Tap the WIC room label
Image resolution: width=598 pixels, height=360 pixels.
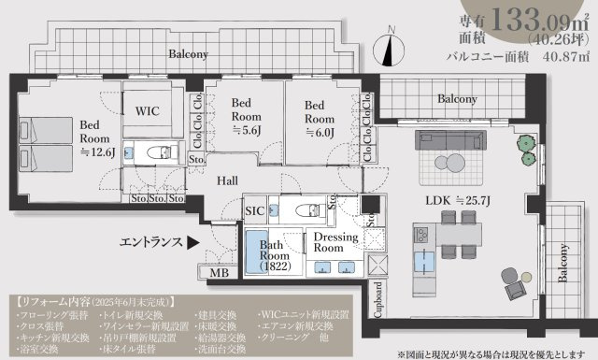click(x=149, y=110)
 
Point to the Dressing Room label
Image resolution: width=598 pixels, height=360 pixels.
click(x=334, y=243)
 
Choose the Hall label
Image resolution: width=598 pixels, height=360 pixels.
click(x=228, y=180)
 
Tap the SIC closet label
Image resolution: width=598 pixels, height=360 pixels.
click(x=254, y=211)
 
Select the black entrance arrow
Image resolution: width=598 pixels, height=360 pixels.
click(x=192, y=242)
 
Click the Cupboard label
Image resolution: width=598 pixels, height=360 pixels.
click(x=378, y=300)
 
